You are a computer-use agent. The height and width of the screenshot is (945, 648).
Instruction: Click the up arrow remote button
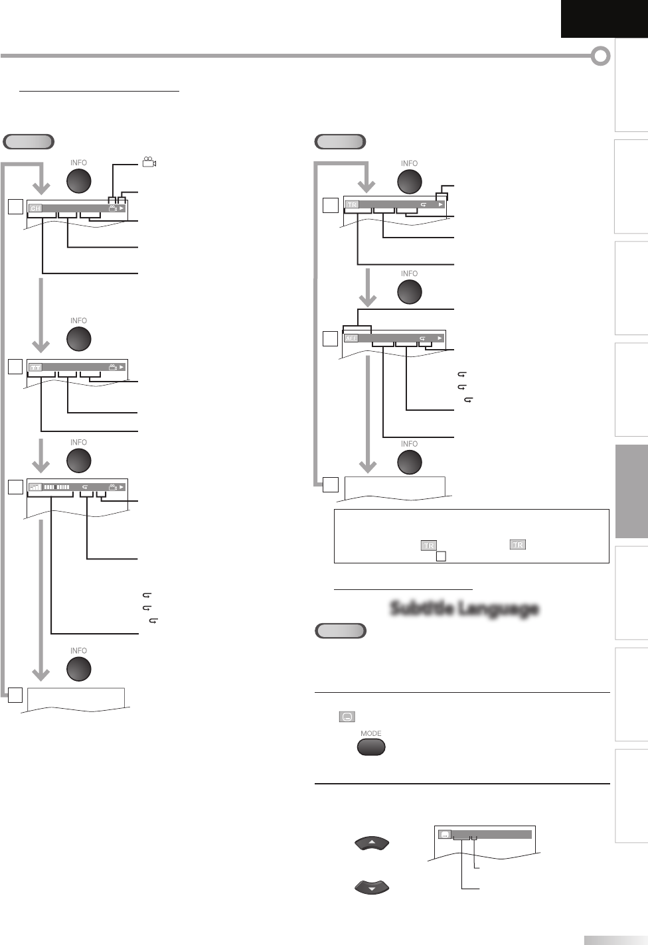(372, 843)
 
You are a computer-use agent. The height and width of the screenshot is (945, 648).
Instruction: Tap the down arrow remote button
(372, 887)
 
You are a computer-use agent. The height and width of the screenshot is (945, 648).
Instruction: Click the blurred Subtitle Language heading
(465, 608)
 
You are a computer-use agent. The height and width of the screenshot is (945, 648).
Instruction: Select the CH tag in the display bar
(35, 208)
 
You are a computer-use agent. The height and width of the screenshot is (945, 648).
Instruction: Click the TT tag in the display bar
(35, 367)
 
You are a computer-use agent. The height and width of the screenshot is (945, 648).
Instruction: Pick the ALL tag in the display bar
(351, 338)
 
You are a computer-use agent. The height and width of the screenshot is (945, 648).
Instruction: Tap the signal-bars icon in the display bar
(35, 487)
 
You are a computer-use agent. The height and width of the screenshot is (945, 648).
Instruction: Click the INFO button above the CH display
(78, 181)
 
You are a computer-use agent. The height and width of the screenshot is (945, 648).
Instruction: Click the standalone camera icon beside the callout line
(149, 162)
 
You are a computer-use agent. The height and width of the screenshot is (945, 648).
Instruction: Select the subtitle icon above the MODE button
(347, 717)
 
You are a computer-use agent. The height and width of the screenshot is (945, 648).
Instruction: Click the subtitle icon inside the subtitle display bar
(445, 835)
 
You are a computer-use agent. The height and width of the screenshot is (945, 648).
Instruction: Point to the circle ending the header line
(600, 56)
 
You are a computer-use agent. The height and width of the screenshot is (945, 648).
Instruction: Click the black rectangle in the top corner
(604, 19)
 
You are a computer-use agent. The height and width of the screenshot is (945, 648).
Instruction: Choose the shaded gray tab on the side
(631, 491)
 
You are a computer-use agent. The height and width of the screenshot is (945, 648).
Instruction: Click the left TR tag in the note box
(428, 545)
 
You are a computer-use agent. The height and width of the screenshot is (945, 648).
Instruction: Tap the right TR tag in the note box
(517, 545)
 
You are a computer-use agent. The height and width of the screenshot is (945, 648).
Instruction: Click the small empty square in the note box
(440, 557)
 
